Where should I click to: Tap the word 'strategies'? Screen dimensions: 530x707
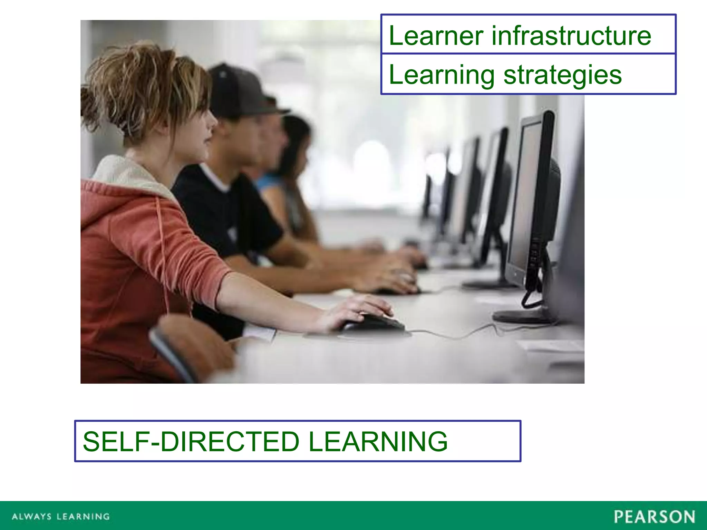(x=563, y=75)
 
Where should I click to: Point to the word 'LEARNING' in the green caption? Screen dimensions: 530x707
(x=378, y=441)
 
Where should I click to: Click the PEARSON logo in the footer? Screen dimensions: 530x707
(x=655, y=517)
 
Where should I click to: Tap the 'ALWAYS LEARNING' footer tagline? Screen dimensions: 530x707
(x=61, y=517)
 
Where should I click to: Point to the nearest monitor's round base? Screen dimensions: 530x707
(x=521, y=316)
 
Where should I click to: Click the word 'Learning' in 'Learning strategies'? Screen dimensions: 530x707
(x=442, y=75)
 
